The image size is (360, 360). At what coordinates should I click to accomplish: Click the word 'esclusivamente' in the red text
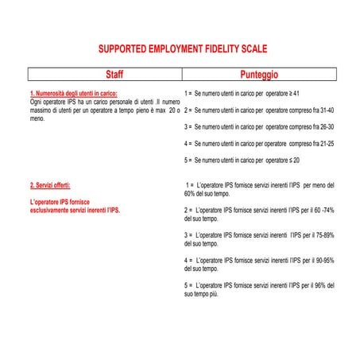click(51, 211)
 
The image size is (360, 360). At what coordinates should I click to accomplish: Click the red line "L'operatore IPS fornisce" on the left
click(64, 202)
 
